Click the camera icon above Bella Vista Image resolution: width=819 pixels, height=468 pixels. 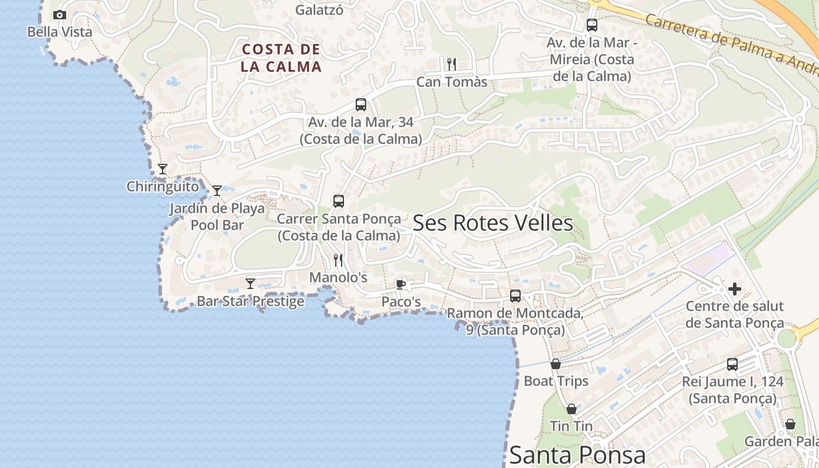(x=60, y=15)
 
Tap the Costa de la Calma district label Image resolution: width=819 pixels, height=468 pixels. (x=281, y=58)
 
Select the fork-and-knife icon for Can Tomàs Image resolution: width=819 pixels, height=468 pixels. (x=451, y=64)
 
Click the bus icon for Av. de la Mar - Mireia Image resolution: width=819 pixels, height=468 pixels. (x=591, y=25)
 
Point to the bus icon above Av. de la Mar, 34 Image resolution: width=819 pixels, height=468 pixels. (x=361, y=105)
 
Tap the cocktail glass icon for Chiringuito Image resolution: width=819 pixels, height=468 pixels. (x=163, y=169)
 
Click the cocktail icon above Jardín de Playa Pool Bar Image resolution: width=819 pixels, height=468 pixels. (x=217, y=190)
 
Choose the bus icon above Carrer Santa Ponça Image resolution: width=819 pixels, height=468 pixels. (x=339, y=201)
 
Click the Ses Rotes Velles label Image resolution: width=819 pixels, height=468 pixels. (x=493, y=223)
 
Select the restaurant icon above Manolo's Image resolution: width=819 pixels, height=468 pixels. (x=338, y=260)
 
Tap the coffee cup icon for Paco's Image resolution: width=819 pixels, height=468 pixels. (x=400, y=284)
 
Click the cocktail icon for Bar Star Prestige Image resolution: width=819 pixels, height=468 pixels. (x=250, y=283)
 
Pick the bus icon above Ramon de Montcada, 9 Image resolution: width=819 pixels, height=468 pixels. (x=515, y=296)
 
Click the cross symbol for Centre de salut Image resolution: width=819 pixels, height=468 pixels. (x=734, y=289)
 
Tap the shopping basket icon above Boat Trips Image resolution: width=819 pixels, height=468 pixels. (x=555, y=364)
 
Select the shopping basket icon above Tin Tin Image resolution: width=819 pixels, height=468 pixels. (x=572, y=409)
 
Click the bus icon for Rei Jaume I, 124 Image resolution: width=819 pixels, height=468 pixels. (x=732, y=364)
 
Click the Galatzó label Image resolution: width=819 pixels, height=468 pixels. (x=319, y=10)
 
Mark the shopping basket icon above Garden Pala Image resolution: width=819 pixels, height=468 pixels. (x=790, y=424)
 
